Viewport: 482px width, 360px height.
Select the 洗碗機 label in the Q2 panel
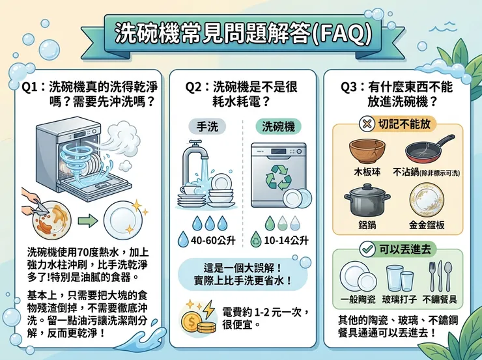pyautogui.click(x=277, y=126)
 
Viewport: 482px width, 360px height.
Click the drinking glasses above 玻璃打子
pyautogui.click(x=401, y=278)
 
